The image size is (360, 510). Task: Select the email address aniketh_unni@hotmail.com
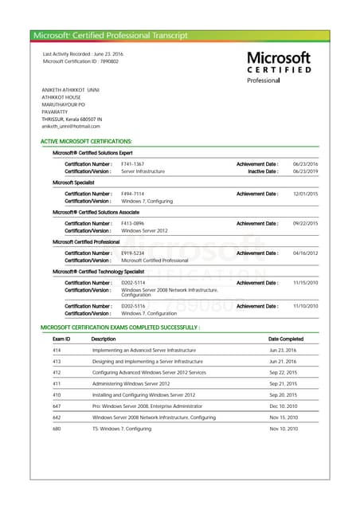pyautogui.click(x=71, y=126)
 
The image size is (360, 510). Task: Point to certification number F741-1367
pyautogui.click(x=132, y=164)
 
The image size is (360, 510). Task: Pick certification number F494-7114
pyautogui.click(x=132, y=194)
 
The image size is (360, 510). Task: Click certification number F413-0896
pyautogui.click(x=132, y=223)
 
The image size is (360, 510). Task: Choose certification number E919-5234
pyautogui.click(x=132, y=253)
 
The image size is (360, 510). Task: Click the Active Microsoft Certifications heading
pyautogui.click(x=86, y=141)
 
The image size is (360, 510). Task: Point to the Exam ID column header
pyautogui.click(x=61, y=339)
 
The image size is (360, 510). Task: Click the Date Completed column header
pyautogui.click(x=286, y=339)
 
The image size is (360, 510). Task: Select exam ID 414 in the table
pyautogui.click(x=57, y=350)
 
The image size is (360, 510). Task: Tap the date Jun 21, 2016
pyautogui.click(x=283, y=361)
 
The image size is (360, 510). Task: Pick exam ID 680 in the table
pyautogui.click(x=57, y=429)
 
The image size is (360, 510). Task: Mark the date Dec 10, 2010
pyautogui.click(x=283, y=406)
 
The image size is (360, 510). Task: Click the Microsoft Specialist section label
pyautogui.click(x=73, y=182)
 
